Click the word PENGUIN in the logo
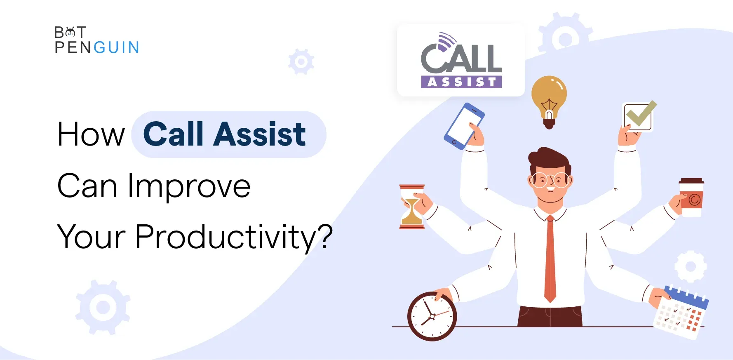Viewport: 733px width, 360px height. click(x=97, y=47)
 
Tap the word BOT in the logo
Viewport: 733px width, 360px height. click(x=70, y=32)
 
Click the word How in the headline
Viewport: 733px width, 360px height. click(x=91, y=134)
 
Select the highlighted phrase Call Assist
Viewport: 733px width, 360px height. click(x=225, y=134)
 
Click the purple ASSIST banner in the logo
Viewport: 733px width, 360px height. click(x=461, y=82)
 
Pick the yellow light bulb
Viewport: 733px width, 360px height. click(x=549, y=101)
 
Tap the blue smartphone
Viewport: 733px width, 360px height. click(x=464, y=126)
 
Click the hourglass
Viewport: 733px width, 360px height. click(x=412, y=207)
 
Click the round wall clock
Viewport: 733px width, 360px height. click(x=432, y=316)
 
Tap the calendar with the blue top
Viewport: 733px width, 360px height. click(x=681, y=312)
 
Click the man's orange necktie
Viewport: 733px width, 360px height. click(x=550, y=259)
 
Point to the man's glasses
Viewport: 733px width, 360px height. click(x=550, y=180)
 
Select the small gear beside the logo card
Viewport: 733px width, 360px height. click(x=301, y=62)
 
